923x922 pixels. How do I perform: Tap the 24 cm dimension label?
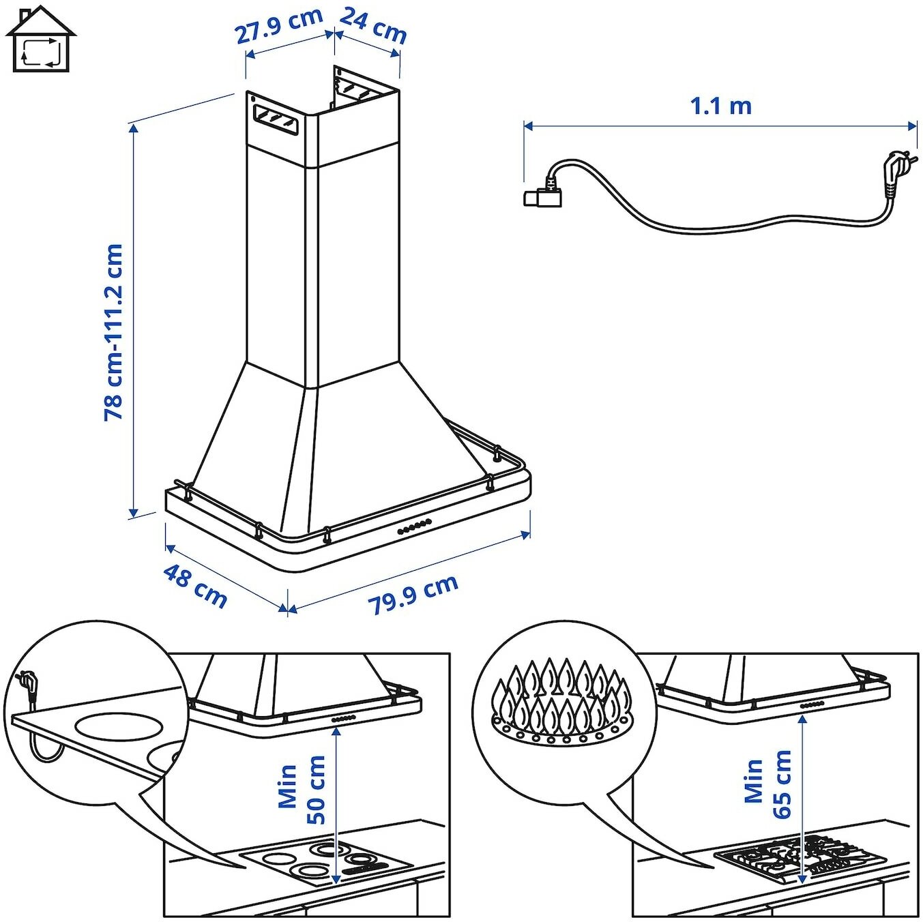373,25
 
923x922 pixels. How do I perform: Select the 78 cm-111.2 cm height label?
113,332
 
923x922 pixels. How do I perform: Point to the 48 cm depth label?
195,585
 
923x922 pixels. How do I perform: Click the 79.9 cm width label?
413,594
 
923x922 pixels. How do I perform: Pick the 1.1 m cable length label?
720,106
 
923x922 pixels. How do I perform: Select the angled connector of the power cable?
543,196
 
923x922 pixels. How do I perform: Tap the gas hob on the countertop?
800,860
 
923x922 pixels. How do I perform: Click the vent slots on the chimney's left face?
276,119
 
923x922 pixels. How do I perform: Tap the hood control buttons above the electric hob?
344,719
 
